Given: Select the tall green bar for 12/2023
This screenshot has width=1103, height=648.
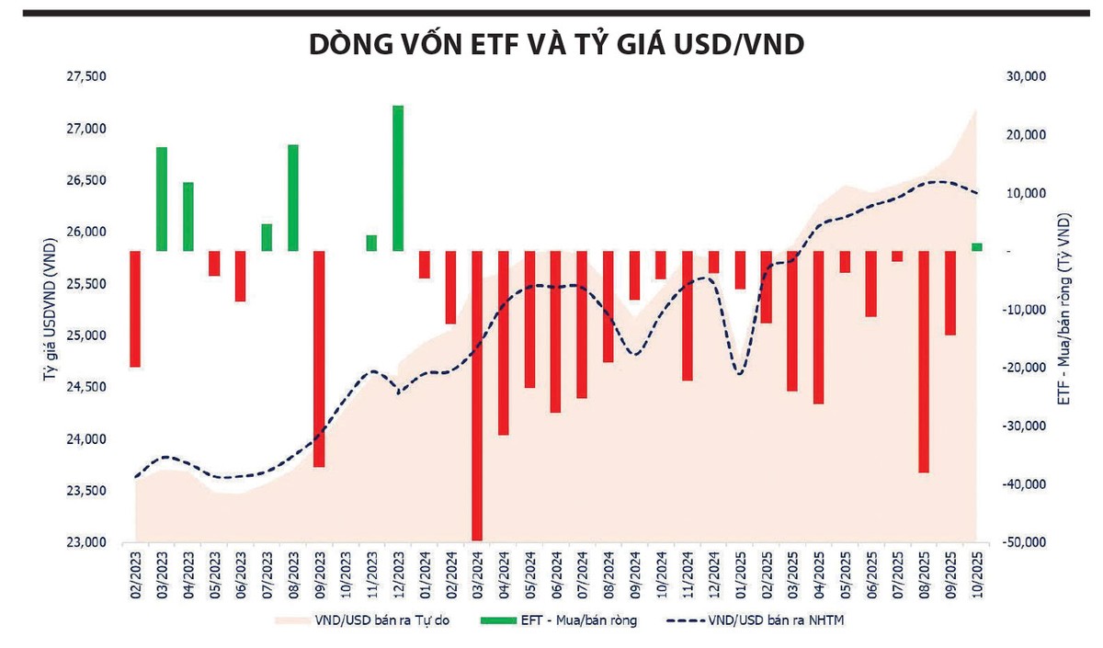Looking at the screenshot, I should tap(398, 177).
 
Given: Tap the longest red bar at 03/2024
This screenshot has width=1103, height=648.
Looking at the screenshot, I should tap(476, 395).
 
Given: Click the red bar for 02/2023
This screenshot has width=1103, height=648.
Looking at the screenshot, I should tap(135, 309).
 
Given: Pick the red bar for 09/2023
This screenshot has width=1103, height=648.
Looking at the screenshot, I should tap(319, 358).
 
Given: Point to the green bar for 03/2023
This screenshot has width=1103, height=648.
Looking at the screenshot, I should tap(162, 199).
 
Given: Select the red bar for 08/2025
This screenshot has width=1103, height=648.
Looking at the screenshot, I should tap(924, 361).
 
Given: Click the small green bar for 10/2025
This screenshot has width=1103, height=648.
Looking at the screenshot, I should tap(976, 246).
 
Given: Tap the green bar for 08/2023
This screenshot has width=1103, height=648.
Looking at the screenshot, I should tap(293, 198).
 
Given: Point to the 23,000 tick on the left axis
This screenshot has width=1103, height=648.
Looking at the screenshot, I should tap(87, 543).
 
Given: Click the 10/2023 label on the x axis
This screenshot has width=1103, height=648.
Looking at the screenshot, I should tap(346, 575).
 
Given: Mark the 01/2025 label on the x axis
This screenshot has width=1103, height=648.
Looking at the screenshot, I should tap(740, 575).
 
